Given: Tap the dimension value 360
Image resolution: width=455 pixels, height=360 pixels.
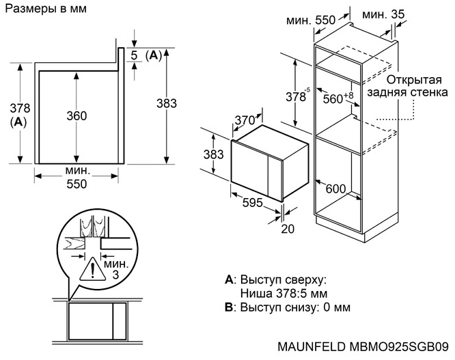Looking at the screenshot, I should click(x=77, y=116).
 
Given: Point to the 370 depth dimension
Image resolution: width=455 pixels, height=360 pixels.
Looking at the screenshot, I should click(x=244, y=121).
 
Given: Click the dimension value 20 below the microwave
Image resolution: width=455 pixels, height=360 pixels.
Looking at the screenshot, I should click(x=287, y=228).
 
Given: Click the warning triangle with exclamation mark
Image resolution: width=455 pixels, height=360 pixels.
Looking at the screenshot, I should click(x=89, y=271).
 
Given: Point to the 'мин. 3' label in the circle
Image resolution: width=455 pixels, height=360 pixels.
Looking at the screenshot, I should click(x=113, y=268).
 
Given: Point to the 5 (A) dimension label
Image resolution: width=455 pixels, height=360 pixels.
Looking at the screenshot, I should click(x=146, y=55).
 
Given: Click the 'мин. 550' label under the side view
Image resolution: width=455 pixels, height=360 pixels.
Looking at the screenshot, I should click(x=77, y=178).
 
